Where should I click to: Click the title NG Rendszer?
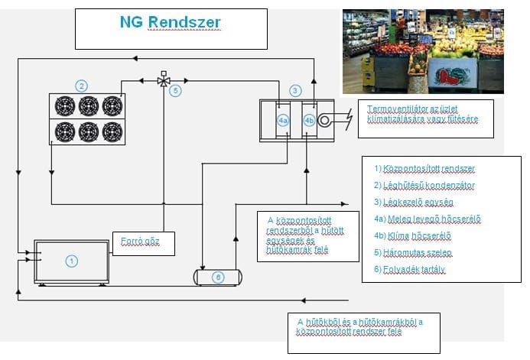pos(171,23)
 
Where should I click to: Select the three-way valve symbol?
pos(163,79)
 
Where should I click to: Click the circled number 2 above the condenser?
pos(81,85)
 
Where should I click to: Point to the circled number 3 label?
pos(295,91)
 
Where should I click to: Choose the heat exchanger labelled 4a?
pos(283,121)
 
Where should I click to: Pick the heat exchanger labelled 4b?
pos(309,121)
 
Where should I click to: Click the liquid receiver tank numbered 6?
pos(218,276)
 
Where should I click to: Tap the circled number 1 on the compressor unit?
pos(71,261)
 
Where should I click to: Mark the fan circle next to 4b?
pos(326,120)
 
